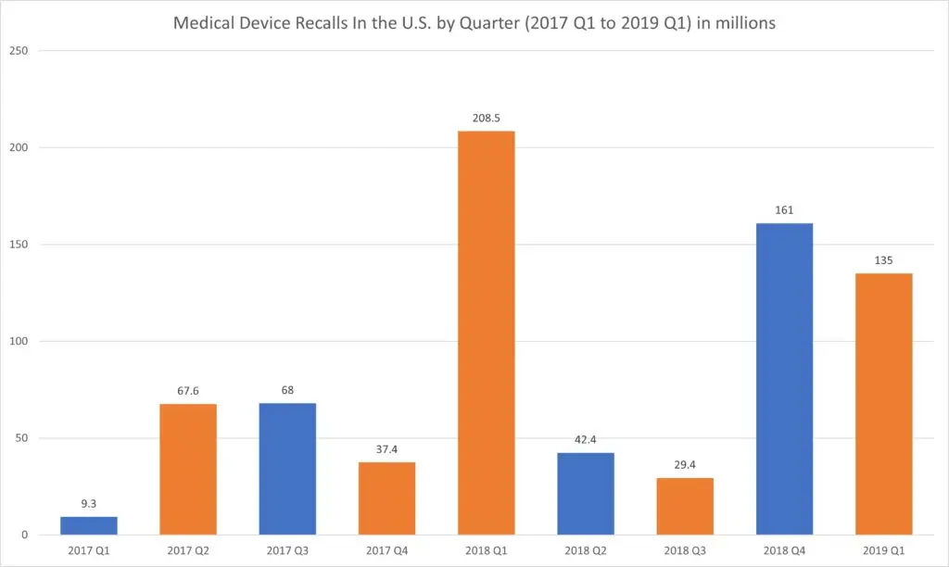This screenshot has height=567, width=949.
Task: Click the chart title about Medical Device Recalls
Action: pos(474,23)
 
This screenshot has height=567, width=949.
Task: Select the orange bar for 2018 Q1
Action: pos(486,333)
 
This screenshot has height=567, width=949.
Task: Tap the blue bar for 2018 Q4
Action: pos(784,379)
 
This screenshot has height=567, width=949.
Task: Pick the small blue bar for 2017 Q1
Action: pos(89,525)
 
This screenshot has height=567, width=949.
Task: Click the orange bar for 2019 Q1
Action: pos(883,404)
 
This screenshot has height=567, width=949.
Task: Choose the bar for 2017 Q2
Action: pos(188,469)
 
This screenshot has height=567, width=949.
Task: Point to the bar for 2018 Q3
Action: pos(685,506)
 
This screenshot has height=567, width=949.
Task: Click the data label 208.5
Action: pos(486,119)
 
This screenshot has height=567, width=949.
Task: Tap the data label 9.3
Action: pos(89,504)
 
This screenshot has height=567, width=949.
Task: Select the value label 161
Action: pos(784,210)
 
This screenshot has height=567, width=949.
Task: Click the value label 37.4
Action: pos(386,449)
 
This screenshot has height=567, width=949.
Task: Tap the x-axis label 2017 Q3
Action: pos(287,550)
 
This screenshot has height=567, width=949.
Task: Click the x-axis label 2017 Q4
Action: pos(386,550)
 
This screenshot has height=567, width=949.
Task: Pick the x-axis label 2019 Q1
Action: pos(883,550)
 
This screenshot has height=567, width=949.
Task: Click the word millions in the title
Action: pos(743,23)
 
